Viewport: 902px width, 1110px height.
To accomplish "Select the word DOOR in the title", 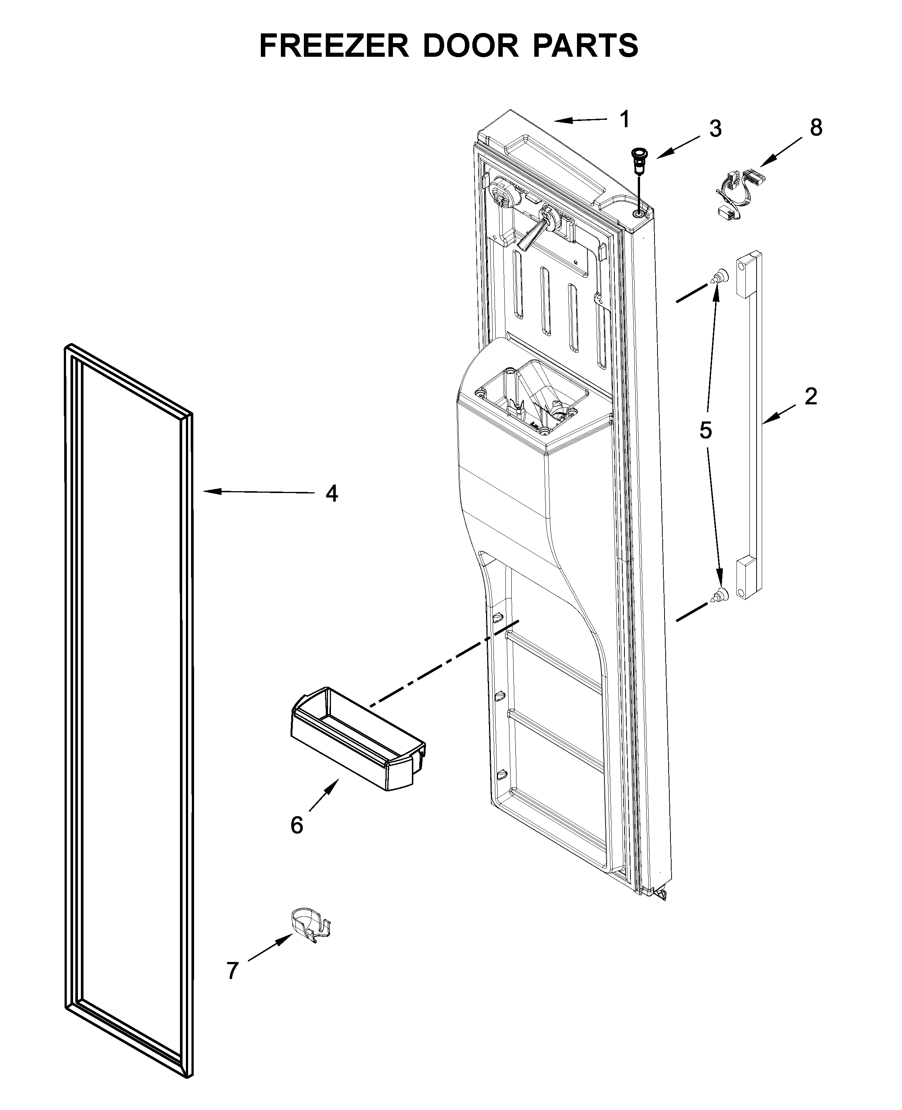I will [471, 45].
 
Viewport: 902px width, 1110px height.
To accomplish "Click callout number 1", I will [625, 119].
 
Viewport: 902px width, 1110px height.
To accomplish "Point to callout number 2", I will [811, 397].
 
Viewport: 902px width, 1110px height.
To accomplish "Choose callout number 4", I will [331, 493].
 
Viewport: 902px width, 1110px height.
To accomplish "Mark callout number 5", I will [705, 430].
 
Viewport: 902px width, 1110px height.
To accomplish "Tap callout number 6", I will [297, 825].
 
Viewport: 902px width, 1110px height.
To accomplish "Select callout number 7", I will [232, 971].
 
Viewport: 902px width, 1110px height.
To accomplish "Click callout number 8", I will [816, 127].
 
